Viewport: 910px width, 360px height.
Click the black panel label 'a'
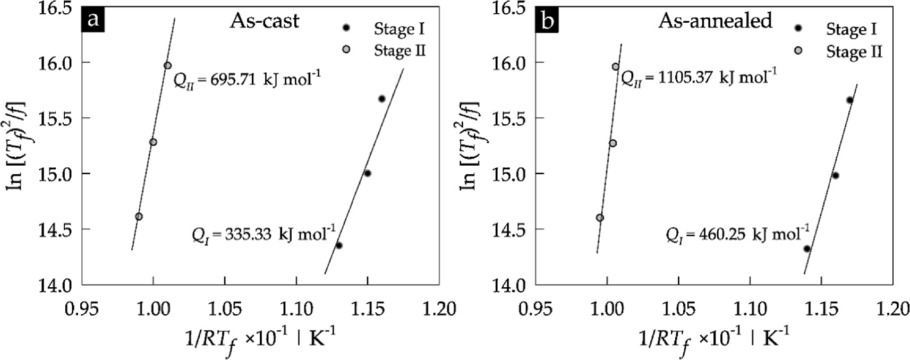click(93, 20)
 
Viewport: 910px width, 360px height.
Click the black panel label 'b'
click(547, 20)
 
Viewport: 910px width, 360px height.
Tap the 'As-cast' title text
click(265, 21)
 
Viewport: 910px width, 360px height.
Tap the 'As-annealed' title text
click(715, 20)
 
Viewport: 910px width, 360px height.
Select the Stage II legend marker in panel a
click(346, 50)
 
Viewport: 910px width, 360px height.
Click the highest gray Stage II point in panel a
click(168, 65)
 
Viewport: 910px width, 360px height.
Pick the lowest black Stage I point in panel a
click(339, 245)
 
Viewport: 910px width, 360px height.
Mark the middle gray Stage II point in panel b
click(613, 143)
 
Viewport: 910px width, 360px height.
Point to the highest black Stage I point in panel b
click(849, 100)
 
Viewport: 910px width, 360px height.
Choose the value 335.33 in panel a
click(250, 235)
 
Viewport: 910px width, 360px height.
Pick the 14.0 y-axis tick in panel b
click(511, 285)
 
